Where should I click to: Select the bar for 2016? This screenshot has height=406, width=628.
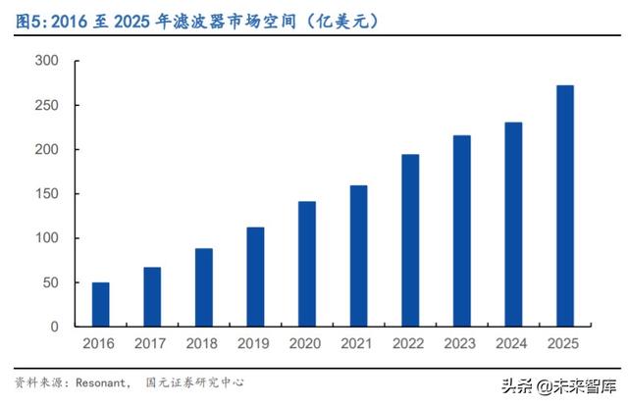(x=100, y=304)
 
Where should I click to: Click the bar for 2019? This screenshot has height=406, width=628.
(x=255, y=277)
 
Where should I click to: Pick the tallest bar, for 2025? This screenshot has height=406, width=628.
(x=564, y=205)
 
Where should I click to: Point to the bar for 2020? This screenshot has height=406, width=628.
(x=306, y=264)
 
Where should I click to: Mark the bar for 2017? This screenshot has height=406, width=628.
(x=152, y=296)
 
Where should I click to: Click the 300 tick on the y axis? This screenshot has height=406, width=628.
(x=47, y=61)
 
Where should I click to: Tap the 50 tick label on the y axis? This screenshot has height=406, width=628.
(x=51, y=282)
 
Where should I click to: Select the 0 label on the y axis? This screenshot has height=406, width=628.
(x=55, y=327)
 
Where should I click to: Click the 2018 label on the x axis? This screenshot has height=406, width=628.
(x=203, y=343)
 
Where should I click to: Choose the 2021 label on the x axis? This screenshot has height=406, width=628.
(x=358, y=343)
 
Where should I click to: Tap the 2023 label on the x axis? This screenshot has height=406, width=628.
(x=461, y=343)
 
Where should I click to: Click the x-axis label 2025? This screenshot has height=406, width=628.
(x=564, y=343)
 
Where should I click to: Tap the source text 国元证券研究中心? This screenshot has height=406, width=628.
(x=194, y=382)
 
